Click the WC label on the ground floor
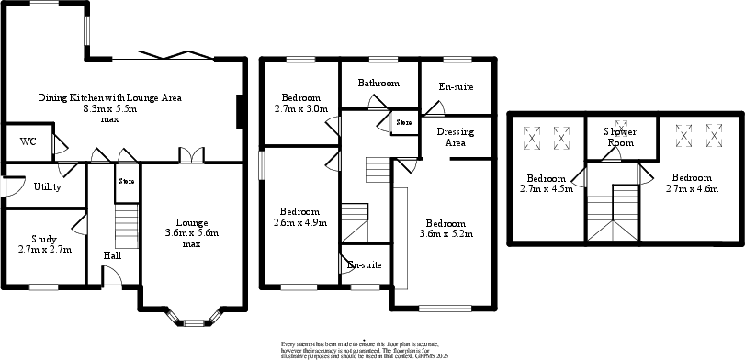pos(28,142)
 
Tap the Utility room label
pos(48,186)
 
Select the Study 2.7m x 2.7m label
pos(44,243)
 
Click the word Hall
pos(112,255)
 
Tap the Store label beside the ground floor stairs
pos(126,182)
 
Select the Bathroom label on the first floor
pos(378,84)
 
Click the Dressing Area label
pos(455,137)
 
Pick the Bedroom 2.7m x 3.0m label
pos(300,103)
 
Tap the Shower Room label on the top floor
pos(621,137)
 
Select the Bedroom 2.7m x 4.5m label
pos(548,184)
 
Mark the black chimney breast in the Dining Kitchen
pos(241,113)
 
